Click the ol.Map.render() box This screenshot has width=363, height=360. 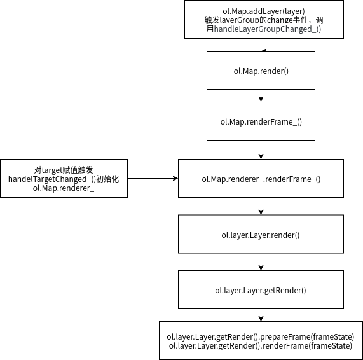261,70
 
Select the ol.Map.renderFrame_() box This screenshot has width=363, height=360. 261,121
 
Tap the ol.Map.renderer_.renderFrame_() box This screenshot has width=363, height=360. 261,179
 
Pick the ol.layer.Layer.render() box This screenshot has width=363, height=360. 261,235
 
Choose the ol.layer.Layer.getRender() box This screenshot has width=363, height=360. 261,291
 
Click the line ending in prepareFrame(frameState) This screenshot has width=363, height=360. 261,336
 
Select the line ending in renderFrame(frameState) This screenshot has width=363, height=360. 261,345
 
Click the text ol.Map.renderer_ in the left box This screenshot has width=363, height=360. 64,189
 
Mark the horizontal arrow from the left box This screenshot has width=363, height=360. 153,179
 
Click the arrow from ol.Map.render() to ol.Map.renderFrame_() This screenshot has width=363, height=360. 261,95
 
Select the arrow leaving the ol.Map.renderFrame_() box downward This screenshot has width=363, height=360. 261,149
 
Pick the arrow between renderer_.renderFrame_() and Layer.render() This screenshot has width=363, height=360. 261,206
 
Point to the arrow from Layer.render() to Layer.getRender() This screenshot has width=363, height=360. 261,262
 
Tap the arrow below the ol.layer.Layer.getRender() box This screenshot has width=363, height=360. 261,315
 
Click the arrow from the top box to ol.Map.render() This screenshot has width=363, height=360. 263,45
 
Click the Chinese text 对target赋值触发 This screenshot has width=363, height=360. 64,170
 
